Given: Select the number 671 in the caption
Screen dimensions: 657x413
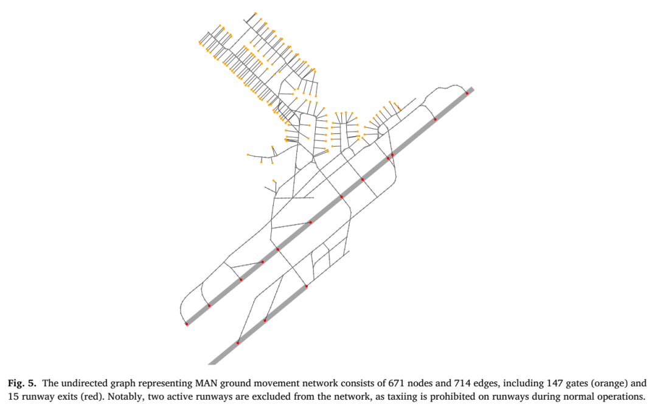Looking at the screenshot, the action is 397,383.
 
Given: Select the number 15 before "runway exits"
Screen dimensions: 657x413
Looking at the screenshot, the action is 13,396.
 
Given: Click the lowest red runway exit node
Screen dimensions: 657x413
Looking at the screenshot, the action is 238,343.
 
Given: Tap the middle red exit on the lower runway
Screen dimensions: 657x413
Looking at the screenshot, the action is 265,321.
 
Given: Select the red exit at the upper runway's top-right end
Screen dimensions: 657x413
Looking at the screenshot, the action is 467,94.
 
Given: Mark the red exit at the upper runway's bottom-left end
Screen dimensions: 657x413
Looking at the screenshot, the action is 187,324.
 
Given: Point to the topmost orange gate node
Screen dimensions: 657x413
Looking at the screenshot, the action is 255,13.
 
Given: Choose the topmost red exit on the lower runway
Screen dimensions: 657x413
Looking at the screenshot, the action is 306,286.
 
